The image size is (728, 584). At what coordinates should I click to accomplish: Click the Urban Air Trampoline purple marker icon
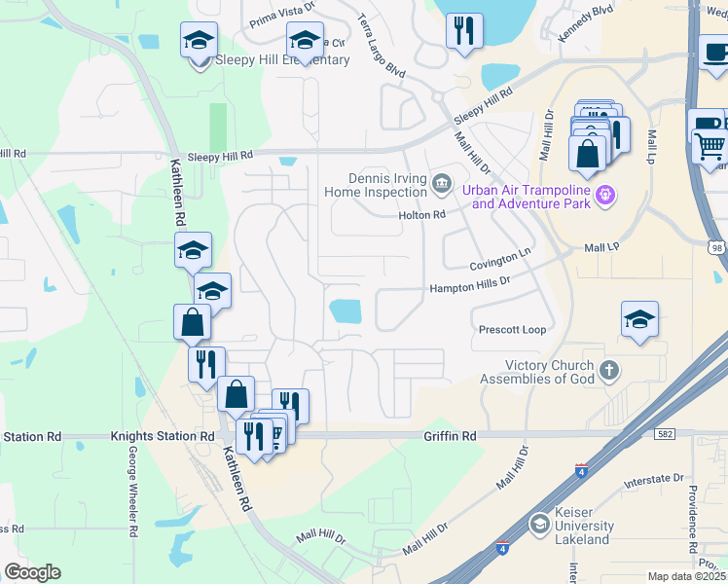[606, 195]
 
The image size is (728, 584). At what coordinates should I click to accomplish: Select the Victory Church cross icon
[609, 370]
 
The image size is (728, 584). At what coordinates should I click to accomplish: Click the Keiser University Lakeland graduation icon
[538, 526]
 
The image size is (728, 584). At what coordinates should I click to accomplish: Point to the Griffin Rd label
[450, 437]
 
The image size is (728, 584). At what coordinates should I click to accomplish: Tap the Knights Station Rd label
[162, 437]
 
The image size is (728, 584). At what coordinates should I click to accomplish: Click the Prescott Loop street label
[512, 330]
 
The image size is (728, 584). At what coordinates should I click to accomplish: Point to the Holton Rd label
[421, 215]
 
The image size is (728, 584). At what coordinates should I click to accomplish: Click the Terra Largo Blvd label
[381, 46]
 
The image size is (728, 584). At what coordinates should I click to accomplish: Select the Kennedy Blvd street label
[586, 23]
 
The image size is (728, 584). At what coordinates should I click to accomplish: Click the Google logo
[32, 572]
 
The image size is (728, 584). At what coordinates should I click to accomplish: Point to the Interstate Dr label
[653, 479]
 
